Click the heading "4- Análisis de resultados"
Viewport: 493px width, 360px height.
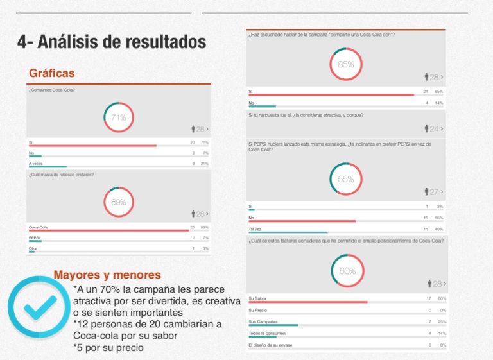[112, 43]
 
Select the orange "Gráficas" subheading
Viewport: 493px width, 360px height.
[52, 73]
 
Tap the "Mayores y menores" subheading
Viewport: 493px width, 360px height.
[107, 275]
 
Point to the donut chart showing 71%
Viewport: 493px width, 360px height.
[119, 117]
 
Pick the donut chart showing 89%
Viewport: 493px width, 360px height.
[119, 201]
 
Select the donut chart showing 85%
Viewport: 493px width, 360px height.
[346, 64]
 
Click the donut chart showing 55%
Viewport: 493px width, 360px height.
[346, 180]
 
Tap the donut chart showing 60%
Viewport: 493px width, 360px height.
[347, 271]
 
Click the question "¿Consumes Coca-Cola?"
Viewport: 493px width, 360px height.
[52, 90]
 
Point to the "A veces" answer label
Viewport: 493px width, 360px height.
[37, 164]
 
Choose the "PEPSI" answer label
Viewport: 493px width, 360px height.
[35, 237]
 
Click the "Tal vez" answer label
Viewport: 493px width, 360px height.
[255, 229]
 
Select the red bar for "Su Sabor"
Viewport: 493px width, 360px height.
[308, 302]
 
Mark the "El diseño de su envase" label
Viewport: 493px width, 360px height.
[270, 345]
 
